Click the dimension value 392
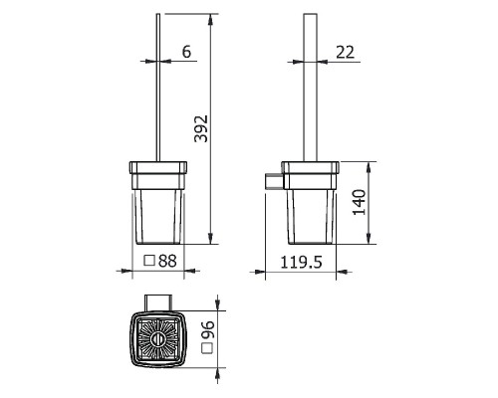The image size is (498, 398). tap(201, 128)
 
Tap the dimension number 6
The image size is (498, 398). tap(186, 52)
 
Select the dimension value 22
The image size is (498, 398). tap(345, 52)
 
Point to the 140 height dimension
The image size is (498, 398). tap(360, 202)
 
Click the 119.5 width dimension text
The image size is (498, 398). tap(302, 262)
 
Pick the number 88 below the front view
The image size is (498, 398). tap(167, 261)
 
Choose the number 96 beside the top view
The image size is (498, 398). tap(208, 329)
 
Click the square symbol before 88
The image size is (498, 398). tap(149, 261)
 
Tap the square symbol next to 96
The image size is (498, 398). tap(208, 348)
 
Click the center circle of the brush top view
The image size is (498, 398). tap(157, 339)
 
